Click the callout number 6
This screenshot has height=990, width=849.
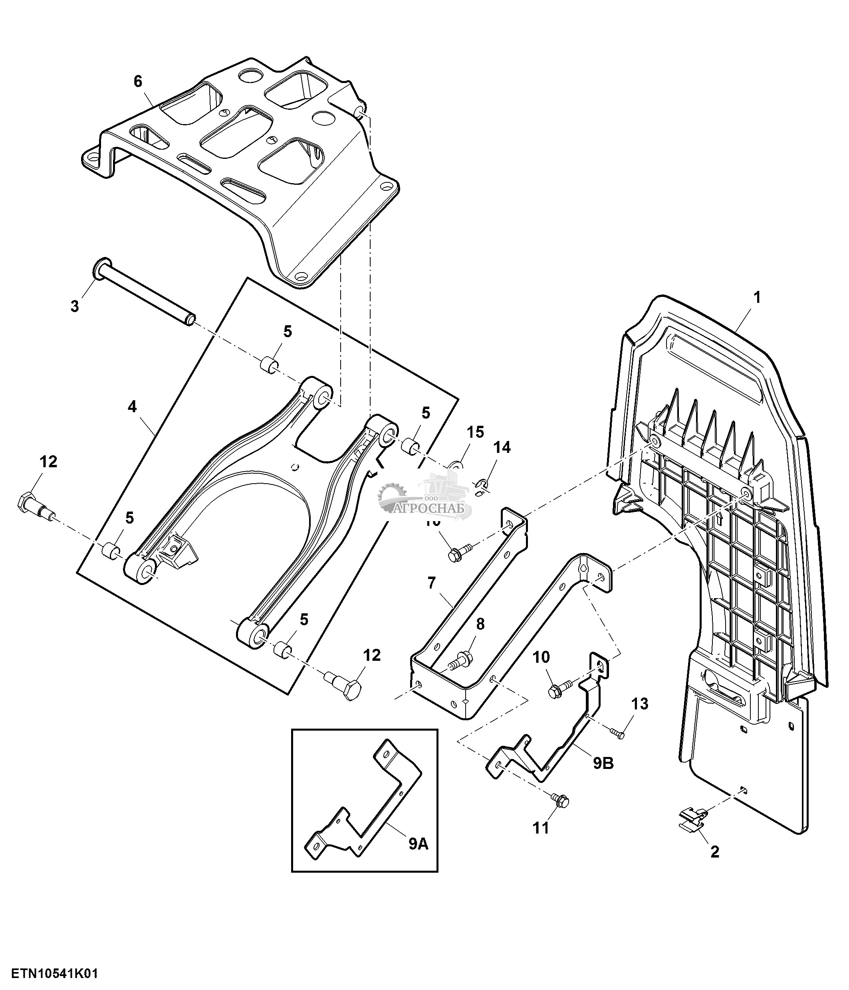(x=138, y=82)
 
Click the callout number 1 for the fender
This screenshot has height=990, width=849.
(x=757, y=298)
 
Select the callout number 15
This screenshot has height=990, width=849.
(x=475, y=432)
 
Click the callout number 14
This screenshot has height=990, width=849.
(x=502, y=448)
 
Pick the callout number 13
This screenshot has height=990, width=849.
(x=640, y=704)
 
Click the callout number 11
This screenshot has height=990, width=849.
(x=541, y=828)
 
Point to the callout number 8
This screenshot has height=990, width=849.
(x=480, y=624)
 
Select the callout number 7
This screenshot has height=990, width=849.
(x=432, y=583)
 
